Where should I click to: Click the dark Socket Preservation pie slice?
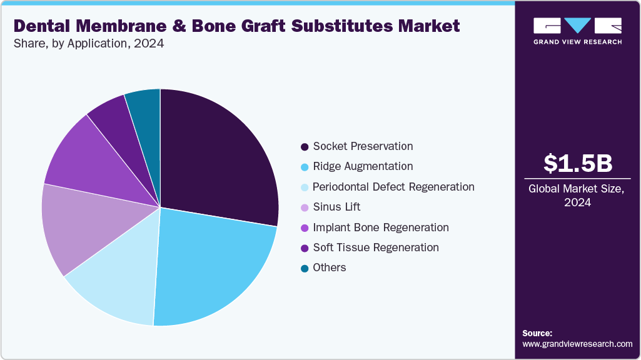pos(216,156)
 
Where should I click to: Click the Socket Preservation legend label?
pos(363,146)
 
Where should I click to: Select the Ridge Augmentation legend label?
pos(363,166)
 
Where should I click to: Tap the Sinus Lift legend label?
pos(336,207)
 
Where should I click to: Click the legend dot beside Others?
pos(304,268)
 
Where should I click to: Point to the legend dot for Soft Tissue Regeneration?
pos(304,248)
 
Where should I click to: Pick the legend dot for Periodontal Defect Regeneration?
pos(304,187)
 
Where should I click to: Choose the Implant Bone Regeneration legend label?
pos(380,227)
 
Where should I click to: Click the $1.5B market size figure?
pos(577,163)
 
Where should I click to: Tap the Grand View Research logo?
pos(577,31)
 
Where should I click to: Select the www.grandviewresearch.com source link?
pos(577,344)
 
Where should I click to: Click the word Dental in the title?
pos(44,26)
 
